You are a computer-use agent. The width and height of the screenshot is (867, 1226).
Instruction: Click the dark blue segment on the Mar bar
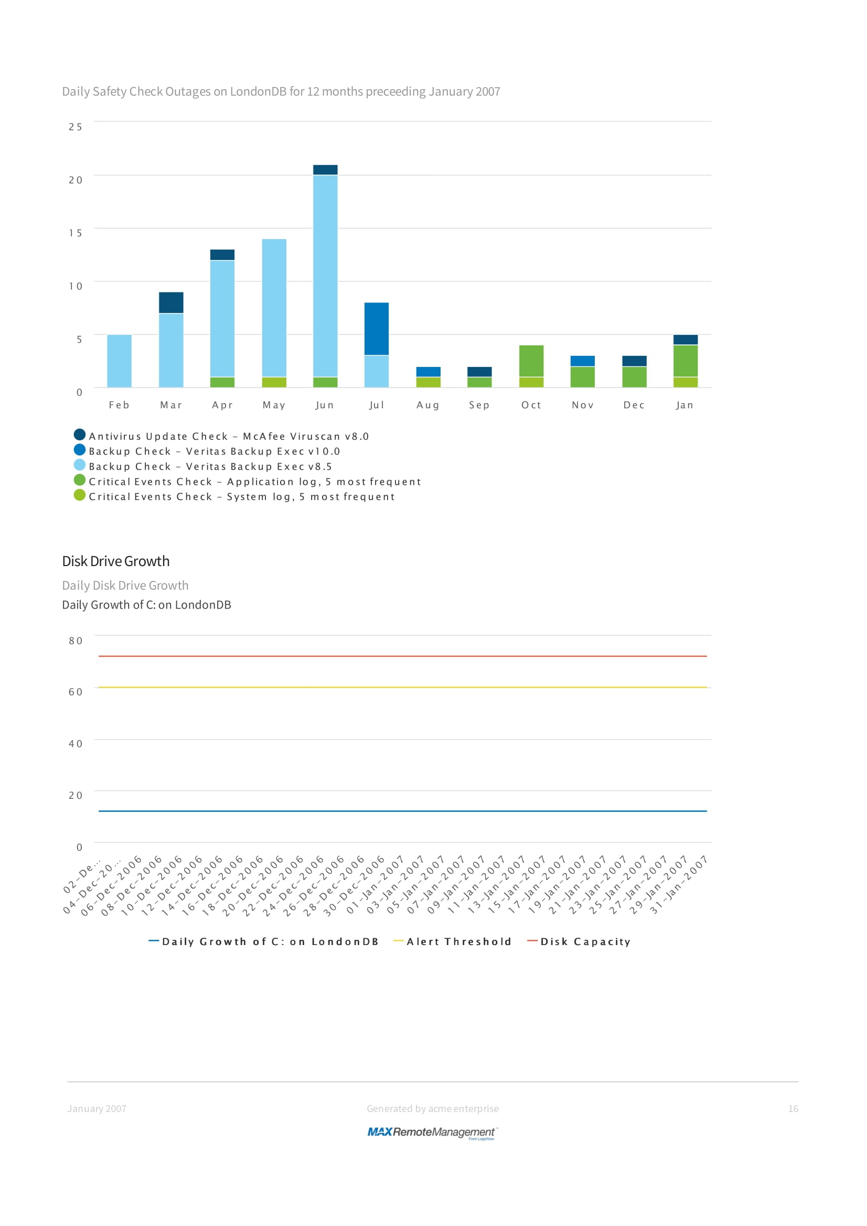(x=171, y=302)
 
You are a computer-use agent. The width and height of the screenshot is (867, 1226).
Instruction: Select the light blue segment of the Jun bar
(x=325, y=276)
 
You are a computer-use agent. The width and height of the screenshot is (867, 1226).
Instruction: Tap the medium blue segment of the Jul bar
(x=376, y=329)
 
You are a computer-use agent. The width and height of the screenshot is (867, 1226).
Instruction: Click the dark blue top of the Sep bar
(x=479, y=372)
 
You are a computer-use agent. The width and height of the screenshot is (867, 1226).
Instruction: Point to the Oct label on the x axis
(x=531, y=405)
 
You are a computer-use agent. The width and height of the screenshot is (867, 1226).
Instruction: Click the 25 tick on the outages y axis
(x=76, y=126)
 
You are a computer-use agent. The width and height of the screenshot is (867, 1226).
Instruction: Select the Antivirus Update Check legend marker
(x=80, y=435)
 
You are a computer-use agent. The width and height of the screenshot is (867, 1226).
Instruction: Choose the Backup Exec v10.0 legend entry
(x=214, y=452)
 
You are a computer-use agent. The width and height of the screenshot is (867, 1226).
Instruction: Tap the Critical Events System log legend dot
(x=80, y=495)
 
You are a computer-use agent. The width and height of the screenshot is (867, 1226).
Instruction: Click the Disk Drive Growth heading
(x=116, y=561)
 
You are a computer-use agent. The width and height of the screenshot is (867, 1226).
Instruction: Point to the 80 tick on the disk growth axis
(x=76, y=641)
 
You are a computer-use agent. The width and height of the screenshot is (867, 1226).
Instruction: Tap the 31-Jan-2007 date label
(x=678, y=885)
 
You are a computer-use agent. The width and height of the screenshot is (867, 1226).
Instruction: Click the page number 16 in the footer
(x=793, y=1109)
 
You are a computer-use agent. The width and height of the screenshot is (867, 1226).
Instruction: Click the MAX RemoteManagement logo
(x=432, y=1132)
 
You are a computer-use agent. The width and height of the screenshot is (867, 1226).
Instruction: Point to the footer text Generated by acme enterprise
(x=432, y=1109)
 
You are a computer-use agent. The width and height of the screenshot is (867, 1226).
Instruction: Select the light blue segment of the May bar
(x=274, y=308)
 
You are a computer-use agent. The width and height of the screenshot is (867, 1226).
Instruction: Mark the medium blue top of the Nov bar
(x=582, y=361)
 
